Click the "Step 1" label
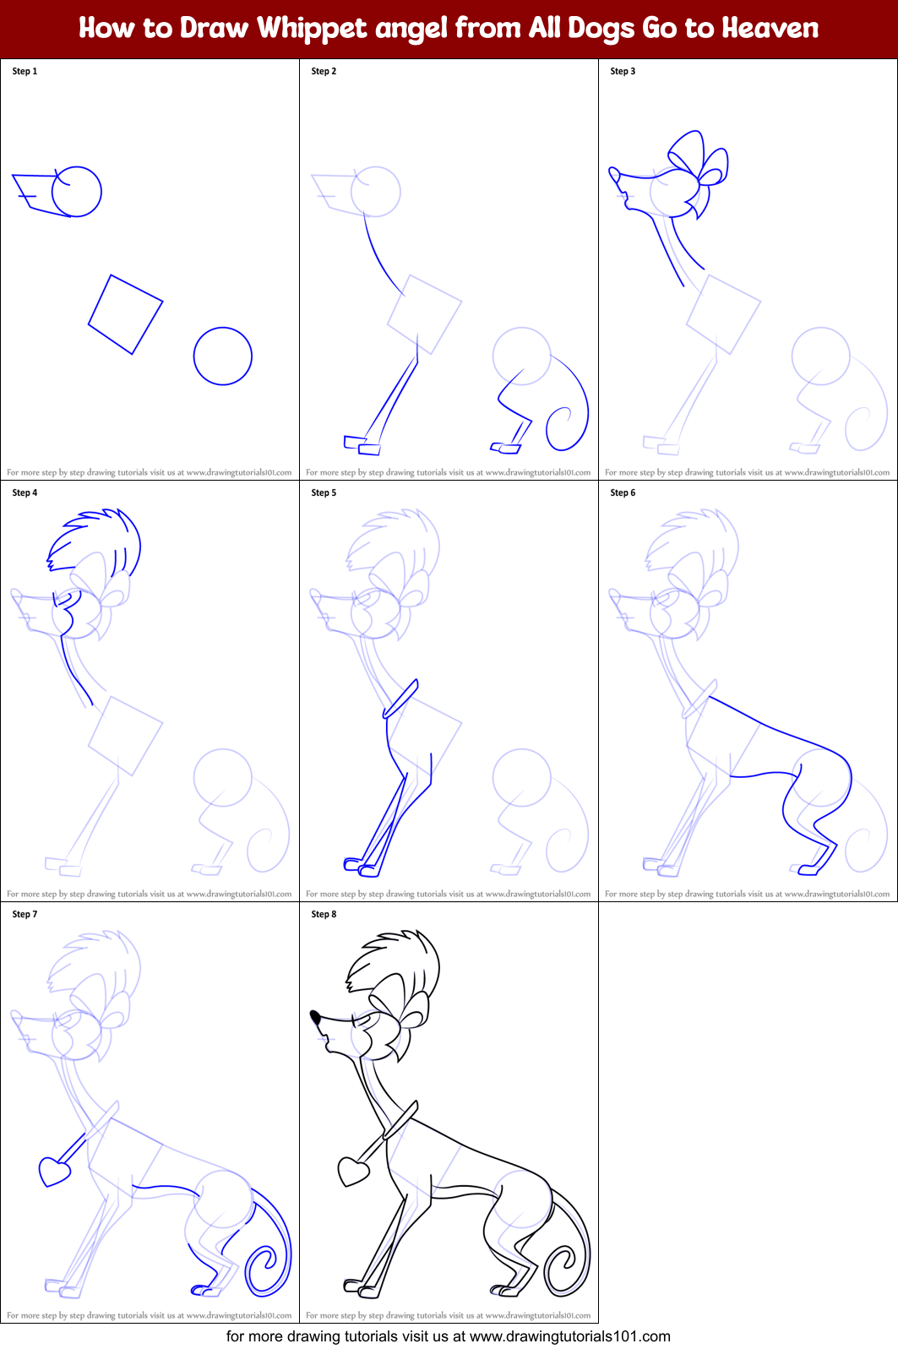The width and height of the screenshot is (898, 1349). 24,71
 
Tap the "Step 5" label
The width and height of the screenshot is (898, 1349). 324,492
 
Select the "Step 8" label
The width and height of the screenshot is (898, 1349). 324,914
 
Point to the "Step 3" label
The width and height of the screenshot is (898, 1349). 623,71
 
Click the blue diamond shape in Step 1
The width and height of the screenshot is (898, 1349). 125,314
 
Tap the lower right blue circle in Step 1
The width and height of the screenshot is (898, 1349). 223,356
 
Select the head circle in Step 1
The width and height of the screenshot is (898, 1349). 77,192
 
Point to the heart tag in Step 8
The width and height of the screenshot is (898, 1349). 353,1172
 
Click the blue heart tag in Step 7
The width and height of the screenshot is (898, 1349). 54,1172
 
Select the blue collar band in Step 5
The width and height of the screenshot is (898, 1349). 401,699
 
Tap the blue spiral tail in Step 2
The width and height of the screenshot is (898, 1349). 564,427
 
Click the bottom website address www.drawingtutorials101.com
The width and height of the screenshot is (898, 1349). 569,1336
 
